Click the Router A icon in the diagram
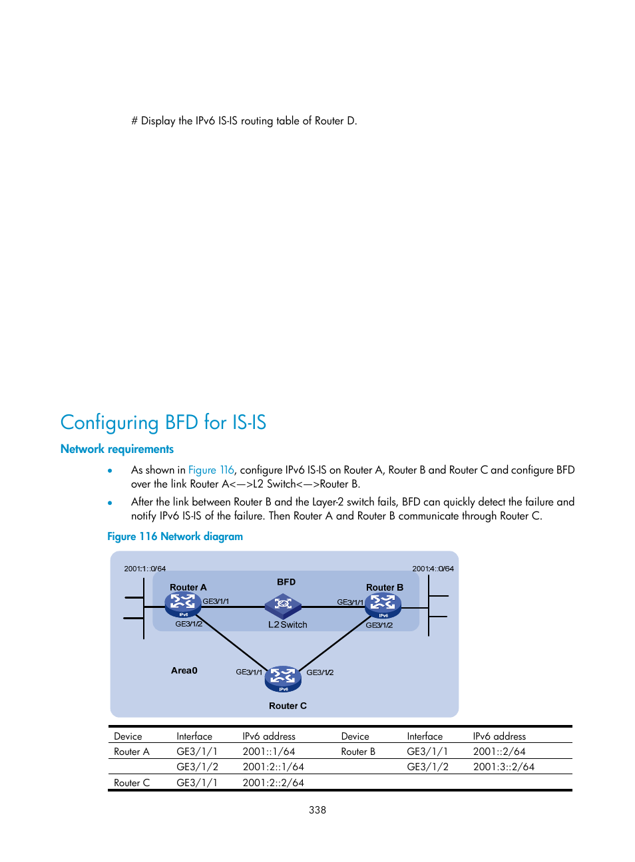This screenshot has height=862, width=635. pos(183,604)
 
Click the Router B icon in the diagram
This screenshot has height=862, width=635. pos(383,605)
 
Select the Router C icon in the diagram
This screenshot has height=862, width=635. pos(283,678)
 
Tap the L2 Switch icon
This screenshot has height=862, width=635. pos(283,605)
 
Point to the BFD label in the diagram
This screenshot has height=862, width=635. pos(286,582)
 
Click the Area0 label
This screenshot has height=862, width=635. pos(184,670)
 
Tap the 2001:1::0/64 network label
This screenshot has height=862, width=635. pos(145,569)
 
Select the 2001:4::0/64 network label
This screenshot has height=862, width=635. pos(433,569)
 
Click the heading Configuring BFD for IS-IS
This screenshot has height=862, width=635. pos(163,422)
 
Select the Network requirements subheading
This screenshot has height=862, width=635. pos(117,449)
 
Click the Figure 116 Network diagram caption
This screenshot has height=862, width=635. pos(175,536)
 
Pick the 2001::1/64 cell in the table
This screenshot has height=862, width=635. pos(269,752)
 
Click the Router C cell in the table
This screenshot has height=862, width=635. pos(132,783)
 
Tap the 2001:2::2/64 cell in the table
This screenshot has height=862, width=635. pos(274,783)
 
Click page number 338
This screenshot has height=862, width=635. pos(317,810)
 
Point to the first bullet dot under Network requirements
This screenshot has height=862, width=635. pos(110,470)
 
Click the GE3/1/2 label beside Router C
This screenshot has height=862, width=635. pos(320,672)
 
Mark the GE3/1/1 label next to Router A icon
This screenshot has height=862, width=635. pos(216,601)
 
